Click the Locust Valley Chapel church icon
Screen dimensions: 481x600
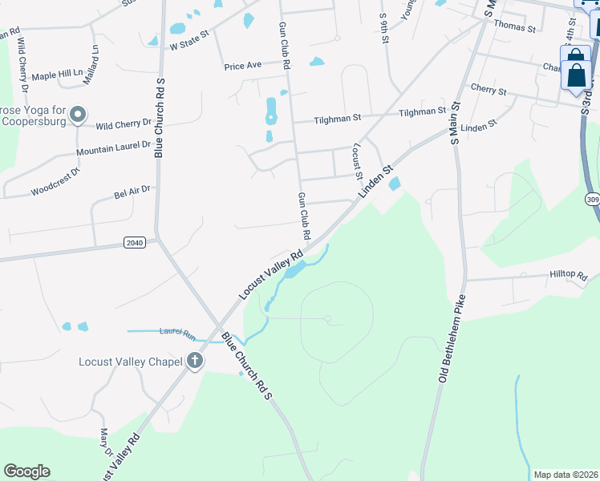194,362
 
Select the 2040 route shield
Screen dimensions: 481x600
135,242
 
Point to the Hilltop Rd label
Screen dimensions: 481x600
569,275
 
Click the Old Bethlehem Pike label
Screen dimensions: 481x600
452,338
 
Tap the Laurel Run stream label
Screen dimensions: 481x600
178,331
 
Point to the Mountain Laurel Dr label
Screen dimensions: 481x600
113,148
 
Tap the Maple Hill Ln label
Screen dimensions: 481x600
57,74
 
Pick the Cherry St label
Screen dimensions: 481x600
489,91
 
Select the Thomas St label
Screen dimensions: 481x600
515,27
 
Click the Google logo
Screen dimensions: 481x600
26,471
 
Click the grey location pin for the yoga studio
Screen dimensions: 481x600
78,115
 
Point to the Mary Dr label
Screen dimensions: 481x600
103,440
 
